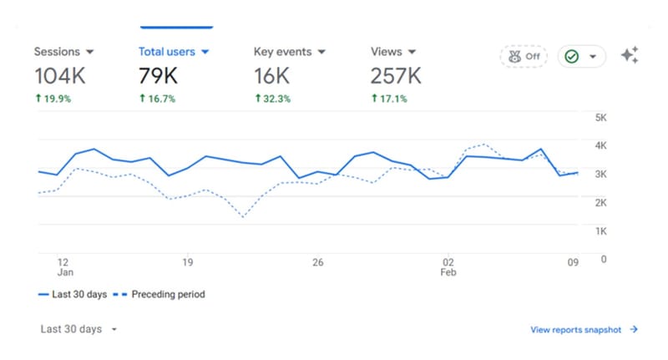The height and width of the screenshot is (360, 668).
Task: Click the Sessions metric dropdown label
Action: pos(63,52)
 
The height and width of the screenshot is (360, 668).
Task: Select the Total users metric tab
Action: pos(174,52)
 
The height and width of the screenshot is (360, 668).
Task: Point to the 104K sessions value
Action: pos(59,76)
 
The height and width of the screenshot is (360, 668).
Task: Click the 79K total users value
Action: pos(159,76)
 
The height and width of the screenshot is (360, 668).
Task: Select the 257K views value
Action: pos(396,76)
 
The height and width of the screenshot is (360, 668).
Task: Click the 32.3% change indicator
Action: pos(272,99)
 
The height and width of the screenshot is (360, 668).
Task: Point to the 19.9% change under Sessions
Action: pos(53,99)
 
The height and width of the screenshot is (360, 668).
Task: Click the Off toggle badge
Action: pos(523,57)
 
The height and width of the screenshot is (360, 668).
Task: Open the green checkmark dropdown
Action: pos(581,57)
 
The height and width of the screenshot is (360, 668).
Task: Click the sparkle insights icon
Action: pos(630,56)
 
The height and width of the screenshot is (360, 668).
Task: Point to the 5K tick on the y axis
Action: pos(600,118)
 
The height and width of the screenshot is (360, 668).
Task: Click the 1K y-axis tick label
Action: pos(600,231)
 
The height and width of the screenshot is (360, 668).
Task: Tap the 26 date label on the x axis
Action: pos(317,261)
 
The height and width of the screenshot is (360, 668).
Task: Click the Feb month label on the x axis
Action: pos(449,273)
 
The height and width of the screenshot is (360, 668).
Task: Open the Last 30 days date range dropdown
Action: pos(78,329)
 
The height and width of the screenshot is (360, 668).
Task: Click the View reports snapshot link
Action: pos(584,330)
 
